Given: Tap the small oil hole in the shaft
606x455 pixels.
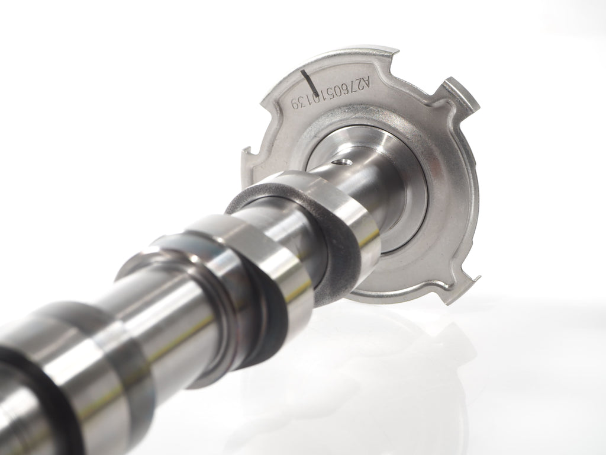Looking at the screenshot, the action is coord(343,162).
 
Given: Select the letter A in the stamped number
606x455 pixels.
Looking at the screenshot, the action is coord(366,83).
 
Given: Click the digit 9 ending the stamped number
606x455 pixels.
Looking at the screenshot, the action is coord(296,103).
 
